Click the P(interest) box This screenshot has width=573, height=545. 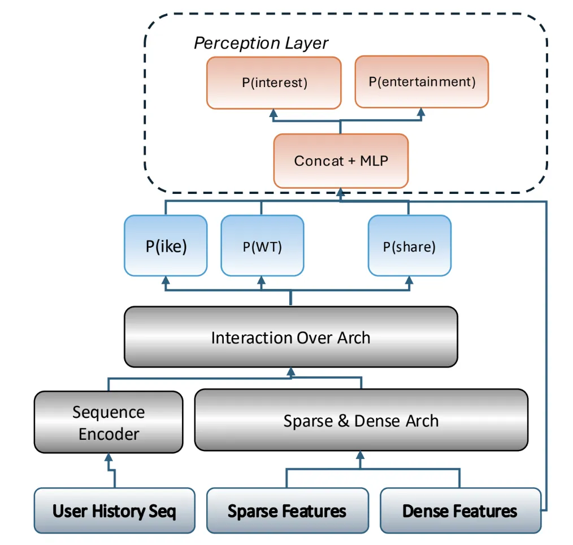(274, 83)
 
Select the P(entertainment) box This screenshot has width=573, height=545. (422, 81)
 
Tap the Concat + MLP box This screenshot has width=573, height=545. (340, 161)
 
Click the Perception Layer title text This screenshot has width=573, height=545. (261, 44)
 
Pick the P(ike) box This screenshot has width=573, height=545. (166, 246)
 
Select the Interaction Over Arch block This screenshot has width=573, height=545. (290, 338)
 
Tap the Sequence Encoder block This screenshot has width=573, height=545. (108, 422)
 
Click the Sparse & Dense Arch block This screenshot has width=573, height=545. (361, 421)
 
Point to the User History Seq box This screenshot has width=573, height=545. (114, 511)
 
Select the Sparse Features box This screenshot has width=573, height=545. (287, 511)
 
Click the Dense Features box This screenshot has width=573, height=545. (459, 511)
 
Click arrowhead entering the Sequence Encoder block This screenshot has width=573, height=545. (108, 458)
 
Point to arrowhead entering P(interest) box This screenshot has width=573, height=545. (274, 113)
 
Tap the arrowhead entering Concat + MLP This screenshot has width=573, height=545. (340, 192)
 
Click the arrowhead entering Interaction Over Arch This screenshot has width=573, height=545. (290, 371)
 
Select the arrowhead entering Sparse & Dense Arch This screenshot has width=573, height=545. (361, 455)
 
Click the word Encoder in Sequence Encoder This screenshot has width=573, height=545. (108, 434)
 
